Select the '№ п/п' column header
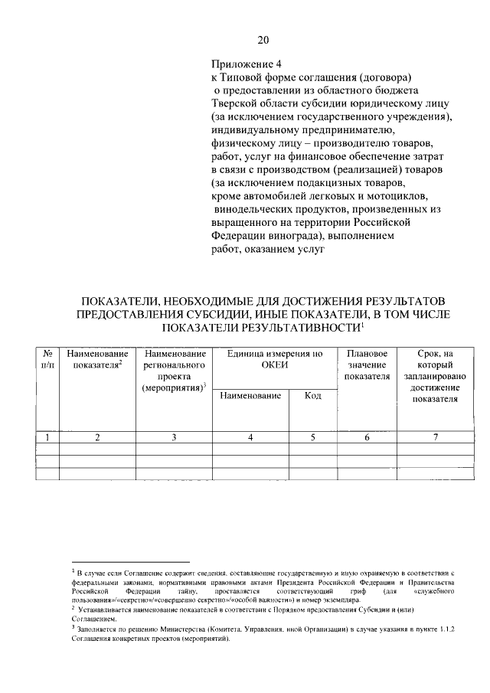(47, 360)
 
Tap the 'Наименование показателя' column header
(97, 360)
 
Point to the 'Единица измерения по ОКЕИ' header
(275, 360)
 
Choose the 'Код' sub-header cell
(312, 395)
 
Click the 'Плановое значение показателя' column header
(367, 365)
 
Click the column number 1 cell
(47, 437)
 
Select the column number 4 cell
(250, 437)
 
